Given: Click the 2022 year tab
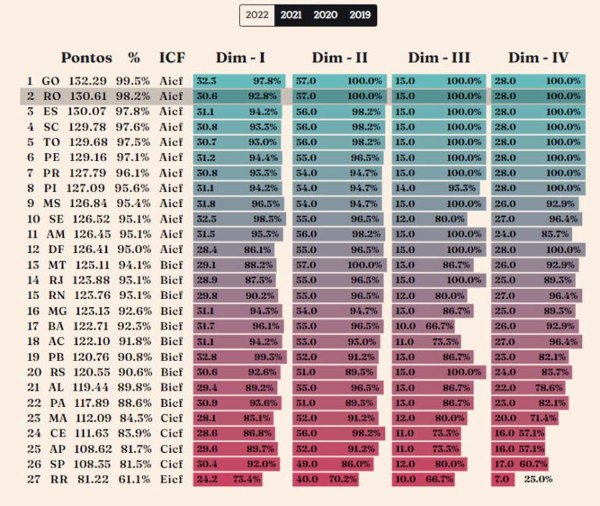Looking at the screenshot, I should [257, 15].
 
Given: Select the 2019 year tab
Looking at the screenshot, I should [359, 15].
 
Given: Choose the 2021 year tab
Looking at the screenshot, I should [291, 15].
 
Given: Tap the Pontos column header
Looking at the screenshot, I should [86, 58].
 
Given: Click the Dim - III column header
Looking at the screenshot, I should [439, 58].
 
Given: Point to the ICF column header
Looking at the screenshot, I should [172, 58].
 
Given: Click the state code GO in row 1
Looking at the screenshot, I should [51, 81].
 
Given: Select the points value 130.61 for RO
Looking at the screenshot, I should [87, 96].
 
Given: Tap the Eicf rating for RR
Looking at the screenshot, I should [171, 479].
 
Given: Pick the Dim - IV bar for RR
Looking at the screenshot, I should [503, 479].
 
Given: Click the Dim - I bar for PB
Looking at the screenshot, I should [240, 357].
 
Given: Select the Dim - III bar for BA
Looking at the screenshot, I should [423, 326].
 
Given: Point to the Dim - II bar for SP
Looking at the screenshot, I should [336, 464].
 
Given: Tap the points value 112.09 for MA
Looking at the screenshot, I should [87, 418].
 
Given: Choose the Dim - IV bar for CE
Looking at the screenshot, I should [518, 434].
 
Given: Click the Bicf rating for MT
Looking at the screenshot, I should [171, 265].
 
